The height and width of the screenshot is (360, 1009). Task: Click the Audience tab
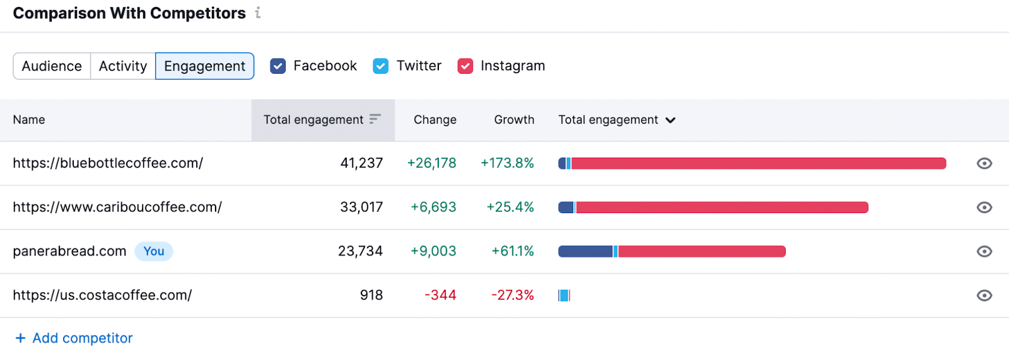pos(52,66)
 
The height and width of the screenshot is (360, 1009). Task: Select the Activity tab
pos(123,66)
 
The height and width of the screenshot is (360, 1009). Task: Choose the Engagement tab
pos(204,66)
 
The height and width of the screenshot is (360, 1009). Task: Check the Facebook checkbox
pos(278,66)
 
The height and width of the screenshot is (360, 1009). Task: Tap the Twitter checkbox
pos(381,66)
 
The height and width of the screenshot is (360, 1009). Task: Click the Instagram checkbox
pos(465,66)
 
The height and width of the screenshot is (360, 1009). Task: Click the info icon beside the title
pos(258,13)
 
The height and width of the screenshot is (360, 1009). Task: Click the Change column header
pos(435,120)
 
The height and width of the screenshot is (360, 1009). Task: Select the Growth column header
pos(514,120)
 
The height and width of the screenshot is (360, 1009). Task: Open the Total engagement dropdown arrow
pos(670,120)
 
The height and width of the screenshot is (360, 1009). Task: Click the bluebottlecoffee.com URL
pos(108,163)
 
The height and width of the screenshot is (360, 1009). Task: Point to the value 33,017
pos(361,207)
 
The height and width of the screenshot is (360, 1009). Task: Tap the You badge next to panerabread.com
pos(154,252)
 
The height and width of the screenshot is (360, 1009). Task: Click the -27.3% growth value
pos(513,295)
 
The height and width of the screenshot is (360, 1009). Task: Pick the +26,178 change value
pos(432,163)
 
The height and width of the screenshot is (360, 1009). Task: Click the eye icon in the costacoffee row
pos(984,295)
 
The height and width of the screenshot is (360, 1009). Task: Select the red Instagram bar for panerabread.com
pos(701,252)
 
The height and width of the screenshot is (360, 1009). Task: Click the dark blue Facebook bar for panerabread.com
pos(585,252)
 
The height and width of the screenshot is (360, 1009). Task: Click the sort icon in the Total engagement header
pos(375,119)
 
